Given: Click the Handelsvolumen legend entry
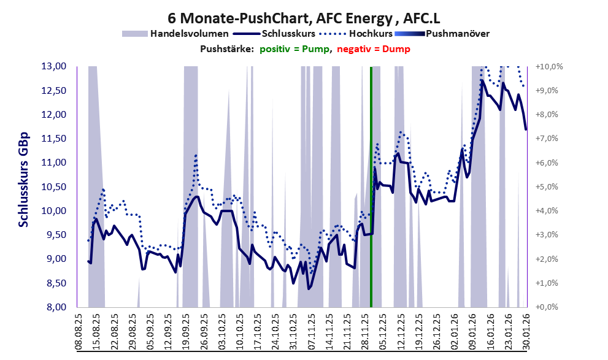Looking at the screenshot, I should click(189, 34).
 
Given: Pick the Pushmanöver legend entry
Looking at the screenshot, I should click(456, 34).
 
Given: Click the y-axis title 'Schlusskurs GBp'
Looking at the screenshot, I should click(24, 179).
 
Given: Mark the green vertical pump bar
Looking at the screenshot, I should click(371, 184).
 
